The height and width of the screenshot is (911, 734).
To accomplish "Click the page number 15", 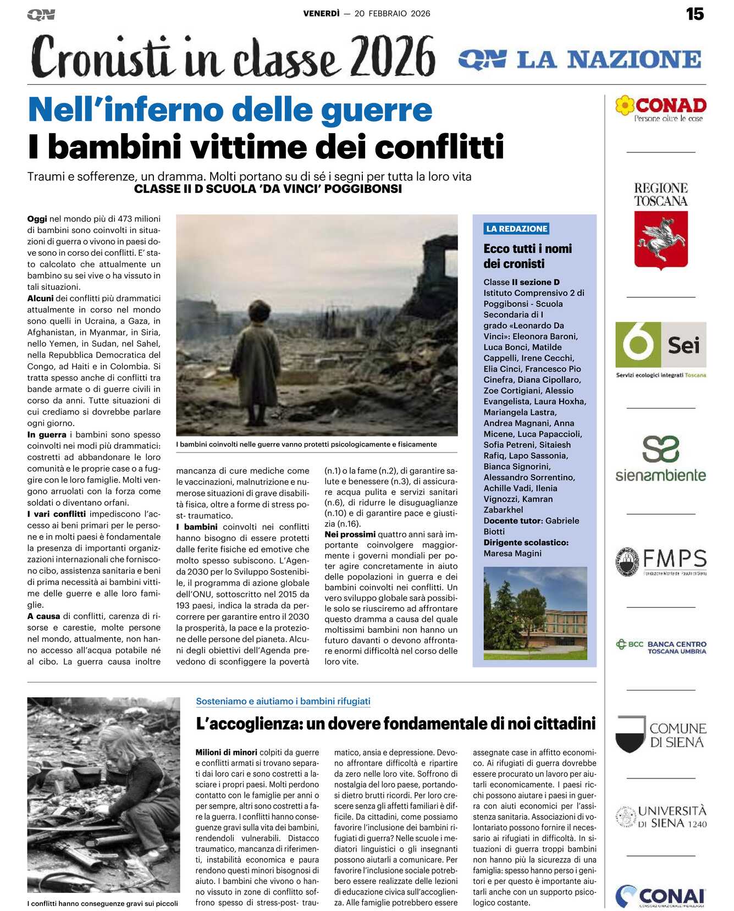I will pos(695,14).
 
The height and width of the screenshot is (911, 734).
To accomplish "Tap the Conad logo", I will pos(660,108).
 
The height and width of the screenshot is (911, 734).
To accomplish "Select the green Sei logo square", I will pos(638,345).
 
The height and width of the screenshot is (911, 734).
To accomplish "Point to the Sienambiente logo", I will pos(660,459).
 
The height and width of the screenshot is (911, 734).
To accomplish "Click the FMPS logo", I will pos(660,561).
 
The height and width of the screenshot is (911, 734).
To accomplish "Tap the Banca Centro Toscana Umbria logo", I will pos(660,647).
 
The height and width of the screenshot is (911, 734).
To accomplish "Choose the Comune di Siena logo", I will pos(660,735).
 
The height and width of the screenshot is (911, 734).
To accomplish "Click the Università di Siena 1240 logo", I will pos(660,816).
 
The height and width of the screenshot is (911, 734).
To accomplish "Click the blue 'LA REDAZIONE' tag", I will pos(517,229).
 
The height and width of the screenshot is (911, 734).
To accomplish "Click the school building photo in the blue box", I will pos(535,612).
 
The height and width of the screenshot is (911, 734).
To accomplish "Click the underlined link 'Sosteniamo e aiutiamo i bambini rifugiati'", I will pos(283,701).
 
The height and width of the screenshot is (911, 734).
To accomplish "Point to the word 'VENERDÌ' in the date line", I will pos(322,14).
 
